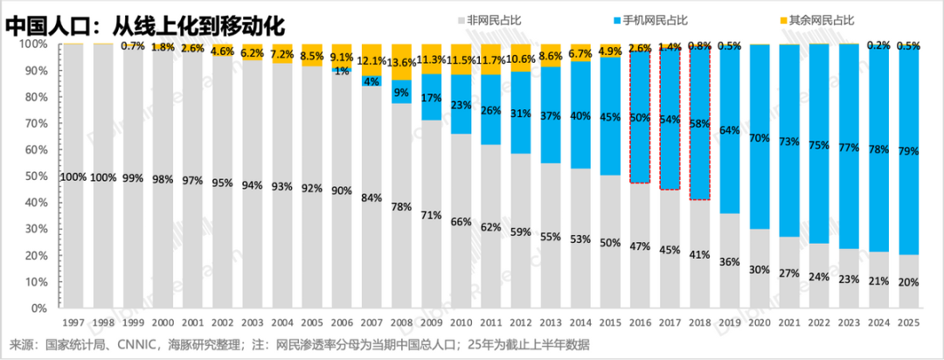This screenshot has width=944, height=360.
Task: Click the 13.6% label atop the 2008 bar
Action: point(402,63)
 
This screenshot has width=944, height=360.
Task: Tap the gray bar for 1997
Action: point(73,175)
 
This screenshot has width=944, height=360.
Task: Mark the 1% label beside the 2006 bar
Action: point(342,72)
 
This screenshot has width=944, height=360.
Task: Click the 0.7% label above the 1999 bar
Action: point(133,45)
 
